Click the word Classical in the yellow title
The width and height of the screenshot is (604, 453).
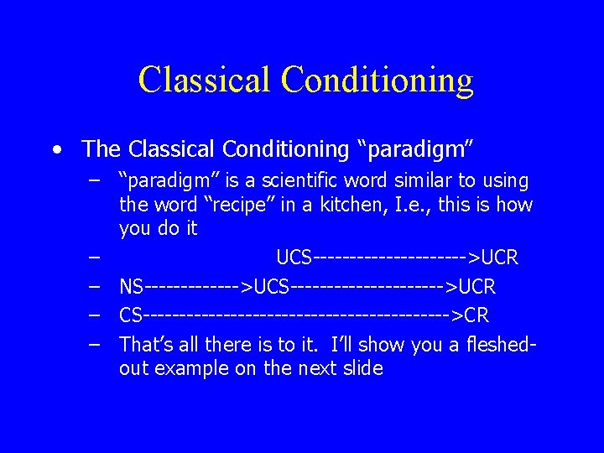[205, 80]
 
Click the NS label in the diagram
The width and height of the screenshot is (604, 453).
[132, 288]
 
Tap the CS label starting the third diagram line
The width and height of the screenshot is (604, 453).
[131, 316]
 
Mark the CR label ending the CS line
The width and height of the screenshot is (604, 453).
[476, 316]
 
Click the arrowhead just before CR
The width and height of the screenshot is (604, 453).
[458, 316]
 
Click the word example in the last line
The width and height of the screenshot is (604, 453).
[195, 368]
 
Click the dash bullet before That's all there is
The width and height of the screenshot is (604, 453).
[97, 344]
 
